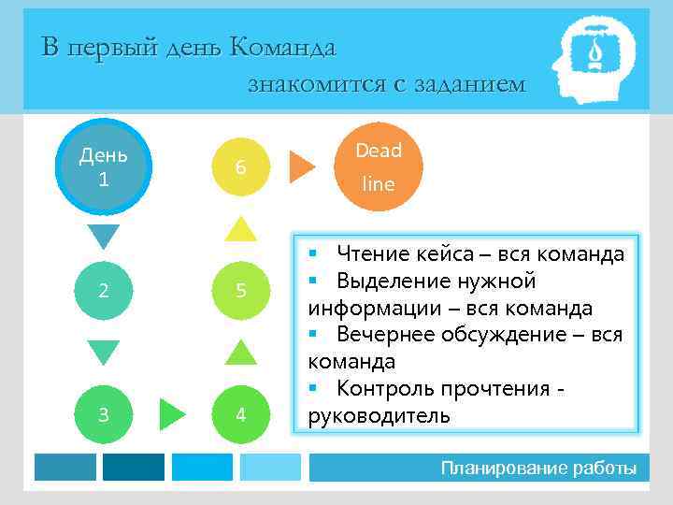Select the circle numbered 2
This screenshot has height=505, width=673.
(x=104, y=290)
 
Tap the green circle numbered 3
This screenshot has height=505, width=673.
(x=104, y=413)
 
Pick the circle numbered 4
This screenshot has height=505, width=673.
(x=241, y=413)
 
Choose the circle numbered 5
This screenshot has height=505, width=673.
(x=241, y=290)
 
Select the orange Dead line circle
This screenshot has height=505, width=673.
(x=379, y=166)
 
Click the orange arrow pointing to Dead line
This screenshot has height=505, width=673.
(x=301, y=166)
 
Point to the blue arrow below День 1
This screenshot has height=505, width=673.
(x=104, y=236)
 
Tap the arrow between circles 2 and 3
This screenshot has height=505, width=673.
(x=104, y=351)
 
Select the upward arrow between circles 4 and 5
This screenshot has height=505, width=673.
(x=241, y=353)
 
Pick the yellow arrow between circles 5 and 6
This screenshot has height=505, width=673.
(x=241, y=229)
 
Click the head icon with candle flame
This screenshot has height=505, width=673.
(x=593, y=60)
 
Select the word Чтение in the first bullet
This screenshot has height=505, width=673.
(x=373, y=253)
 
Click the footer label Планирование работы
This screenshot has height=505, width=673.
(x=538, y=468)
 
